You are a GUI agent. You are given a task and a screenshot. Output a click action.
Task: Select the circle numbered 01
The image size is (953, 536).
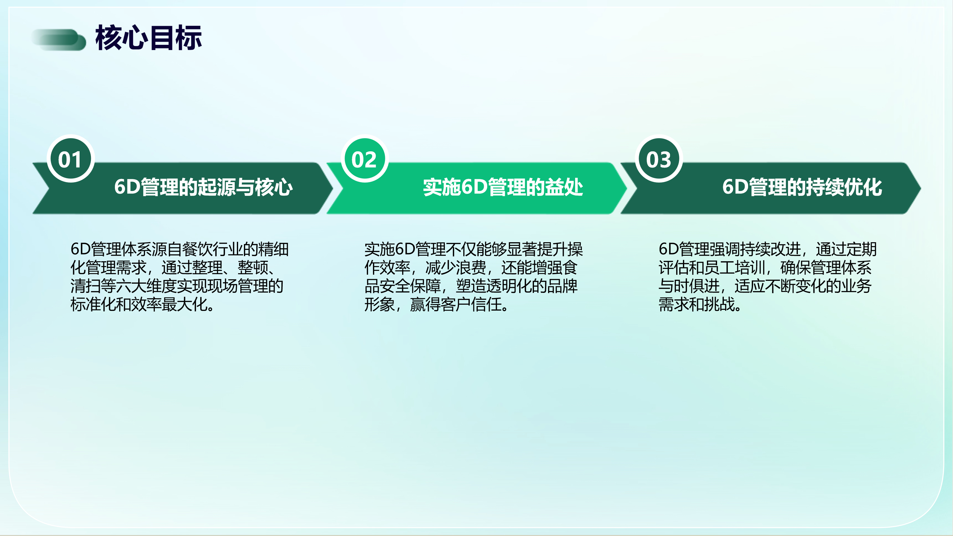pyautogui.click(x=70, y=159)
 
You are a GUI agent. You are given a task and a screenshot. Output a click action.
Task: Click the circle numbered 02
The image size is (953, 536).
pyautogui.click(x=364, y=159)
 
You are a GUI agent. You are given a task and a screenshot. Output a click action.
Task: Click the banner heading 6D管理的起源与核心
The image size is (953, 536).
pyautogui.click(x=203, y=187)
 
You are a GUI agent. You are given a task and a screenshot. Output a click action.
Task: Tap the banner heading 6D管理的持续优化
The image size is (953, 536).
pyautogui.click(x=802, y=187)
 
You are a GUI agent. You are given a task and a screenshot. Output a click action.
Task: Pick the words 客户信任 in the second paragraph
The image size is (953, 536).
pyautogui.click(x=471, y=305)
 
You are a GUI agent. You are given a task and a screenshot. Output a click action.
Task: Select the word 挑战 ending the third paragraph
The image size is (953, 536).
pyautogui.click(x=719, y=305)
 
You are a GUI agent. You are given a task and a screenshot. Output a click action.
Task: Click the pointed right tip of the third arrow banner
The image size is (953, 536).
pyautogui.click(x=920, y=188)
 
